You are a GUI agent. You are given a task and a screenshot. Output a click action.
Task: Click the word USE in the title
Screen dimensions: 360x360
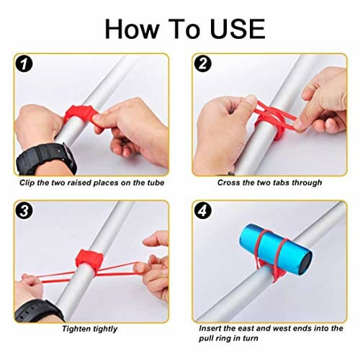[x=238, y=29]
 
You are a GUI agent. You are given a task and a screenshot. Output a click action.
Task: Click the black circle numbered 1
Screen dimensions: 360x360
[x=24, y=65]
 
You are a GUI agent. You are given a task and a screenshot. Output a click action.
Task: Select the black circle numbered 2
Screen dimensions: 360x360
[x=203, y=64]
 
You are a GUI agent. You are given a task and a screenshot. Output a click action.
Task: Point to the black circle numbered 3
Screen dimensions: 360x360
[x=24, y=212]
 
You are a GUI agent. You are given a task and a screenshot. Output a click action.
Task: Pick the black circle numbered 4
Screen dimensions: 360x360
[x=203, y=211]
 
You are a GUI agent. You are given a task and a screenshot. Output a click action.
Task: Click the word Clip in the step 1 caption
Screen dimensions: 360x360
[x=27, y=183]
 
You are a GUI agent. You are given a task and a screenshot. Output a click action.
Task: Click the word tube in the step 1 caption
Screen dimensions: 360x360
[x=156, y=183]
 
